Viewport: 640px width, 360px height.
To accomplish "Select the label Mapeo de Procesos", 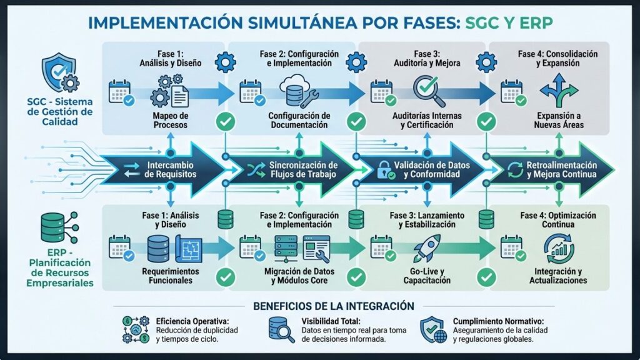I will click(x=170, y=120).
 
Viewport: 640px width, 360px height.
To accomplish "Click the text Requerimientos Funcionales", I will click(x=170, y=276).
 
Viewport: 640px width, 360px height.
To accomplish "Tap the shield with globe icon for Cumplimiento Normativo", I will click(x=434, y=329).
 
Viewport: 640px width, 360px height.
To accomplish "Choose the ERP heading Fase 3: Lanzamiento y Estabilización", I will click(x=427, y=220).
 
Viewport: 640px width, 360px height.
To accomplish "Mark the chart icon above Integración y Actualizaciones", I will click(x=560, y=247).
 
